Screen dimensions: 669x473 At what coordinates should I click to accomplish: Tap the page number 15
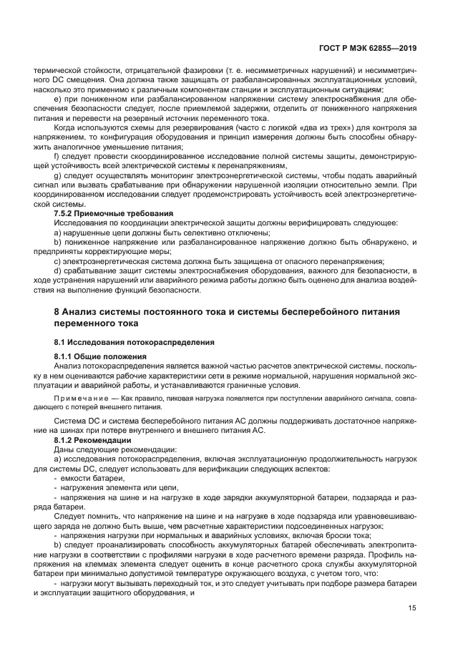412,608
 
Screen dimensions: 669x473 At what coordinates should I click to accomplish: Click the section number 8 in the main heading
57,312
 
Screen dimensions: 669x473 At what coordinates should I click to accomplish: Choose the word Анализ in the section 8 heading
81,312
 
